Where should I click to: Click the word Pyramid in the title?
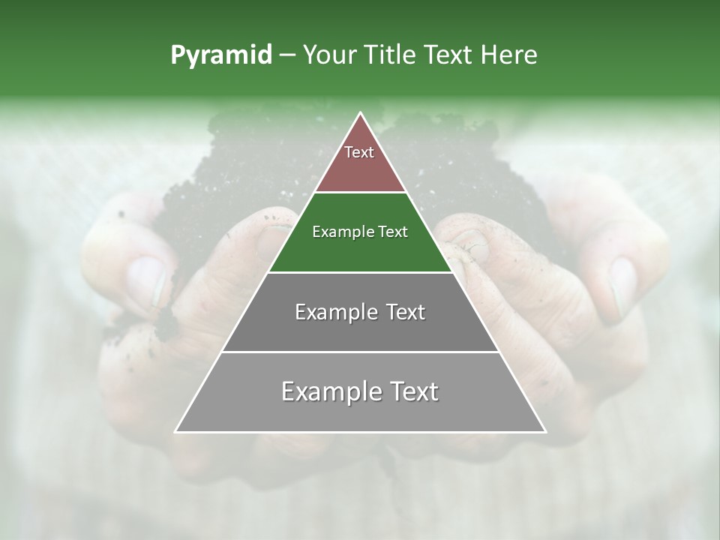click(x=220, y=55)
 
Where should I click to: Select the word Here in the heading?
click(x=509, y=55)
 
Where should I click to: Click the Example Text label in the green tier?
click(x=360, y=232)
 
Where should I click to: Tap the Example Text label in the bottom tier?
click(x=360, y=391)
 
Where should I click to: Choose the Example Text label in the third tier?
click(x=360, y=312)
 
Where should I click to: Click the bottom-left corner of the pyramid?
click(x=176, y=431)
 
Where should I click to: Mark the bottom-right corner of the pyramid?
click(x=545, y=431)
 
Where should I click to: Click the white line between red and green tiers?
click(x=360, y=193)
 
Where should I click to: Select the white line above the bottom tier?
click(x=360, y=352)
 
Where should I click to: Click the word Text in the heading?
click(x=448, y=55)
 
